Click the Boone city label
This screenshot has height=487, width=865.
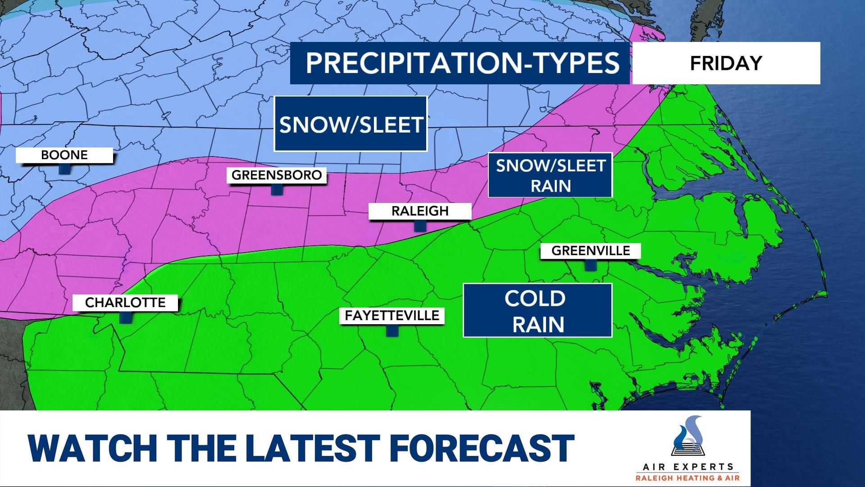64,155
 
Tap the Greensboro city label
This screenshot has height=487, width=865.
277,175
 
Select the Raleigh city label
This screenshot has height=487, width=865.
420,211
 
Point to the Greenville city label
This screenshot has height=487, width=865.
590,251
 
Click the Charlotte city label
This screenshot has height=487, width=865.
125,303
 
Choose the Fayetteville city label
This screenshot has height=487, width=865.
392,316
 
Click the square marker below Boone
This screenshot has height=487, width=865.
65,169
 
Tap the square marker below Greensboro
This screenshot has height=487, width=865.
277,189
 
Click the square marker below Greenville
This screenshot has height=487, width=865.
590,265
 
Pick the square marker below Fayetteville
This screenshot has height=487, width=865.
392,331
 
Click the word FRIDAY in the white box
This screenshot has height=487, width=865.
726,63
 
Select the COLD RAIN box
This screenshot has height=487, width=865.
537,311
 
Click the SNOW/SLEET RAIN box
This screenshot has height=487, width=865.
550,175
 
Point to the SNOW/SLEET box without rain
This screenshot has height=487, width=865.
351,124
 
